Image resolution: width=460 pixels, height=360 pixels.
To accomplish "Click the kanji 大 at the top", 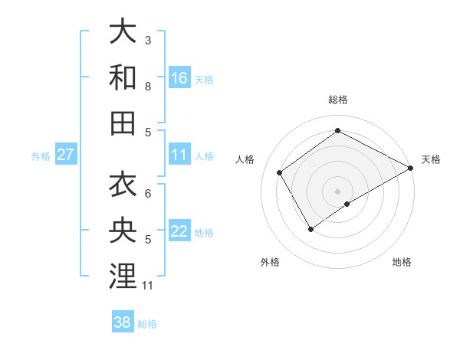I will [123, 32].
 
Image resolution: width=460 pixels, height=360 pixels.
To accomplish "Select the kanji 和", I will [123, 77].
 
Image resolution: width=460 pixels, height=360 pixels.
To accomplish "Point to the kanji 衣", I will [123, 185].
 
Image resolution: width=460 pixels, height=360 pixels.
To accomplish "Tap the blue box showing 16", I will [179, 77].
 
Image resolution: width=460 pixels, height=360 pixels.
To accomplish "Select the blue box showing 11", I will [179, 155].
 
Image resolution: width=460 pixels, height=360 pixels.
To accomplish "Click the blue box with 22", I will [179, 231].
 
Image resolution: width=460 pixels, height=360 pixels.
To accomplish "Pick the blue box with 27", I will [66, 155].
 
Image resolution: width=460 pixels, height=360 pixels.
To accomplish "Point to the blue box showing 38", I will [123, 322].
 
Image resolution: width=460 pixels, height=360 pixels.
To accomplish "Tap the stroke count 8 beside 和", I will [148, 86].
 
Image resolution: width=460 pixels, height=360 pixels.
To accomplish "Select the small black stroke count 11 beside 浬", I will [148, 286].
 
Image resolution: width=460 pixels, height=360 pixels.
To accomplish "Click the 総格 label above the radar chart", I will [337, 100].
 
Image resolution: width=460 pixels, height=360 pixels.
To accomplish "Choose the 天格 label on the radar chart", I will [431, 159].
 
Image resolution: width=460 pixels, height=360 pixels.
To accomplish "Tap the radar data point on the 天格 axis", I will [411, 168].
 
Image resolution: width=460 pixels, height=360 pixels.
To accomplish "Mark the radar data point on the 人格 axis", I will [280, 172].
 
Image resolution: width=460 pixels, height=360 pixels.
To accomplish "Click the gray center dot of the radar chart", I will [337, 190].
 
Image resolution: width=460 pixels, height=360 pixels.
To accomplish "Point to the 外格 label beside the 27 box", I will [41, 156].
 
